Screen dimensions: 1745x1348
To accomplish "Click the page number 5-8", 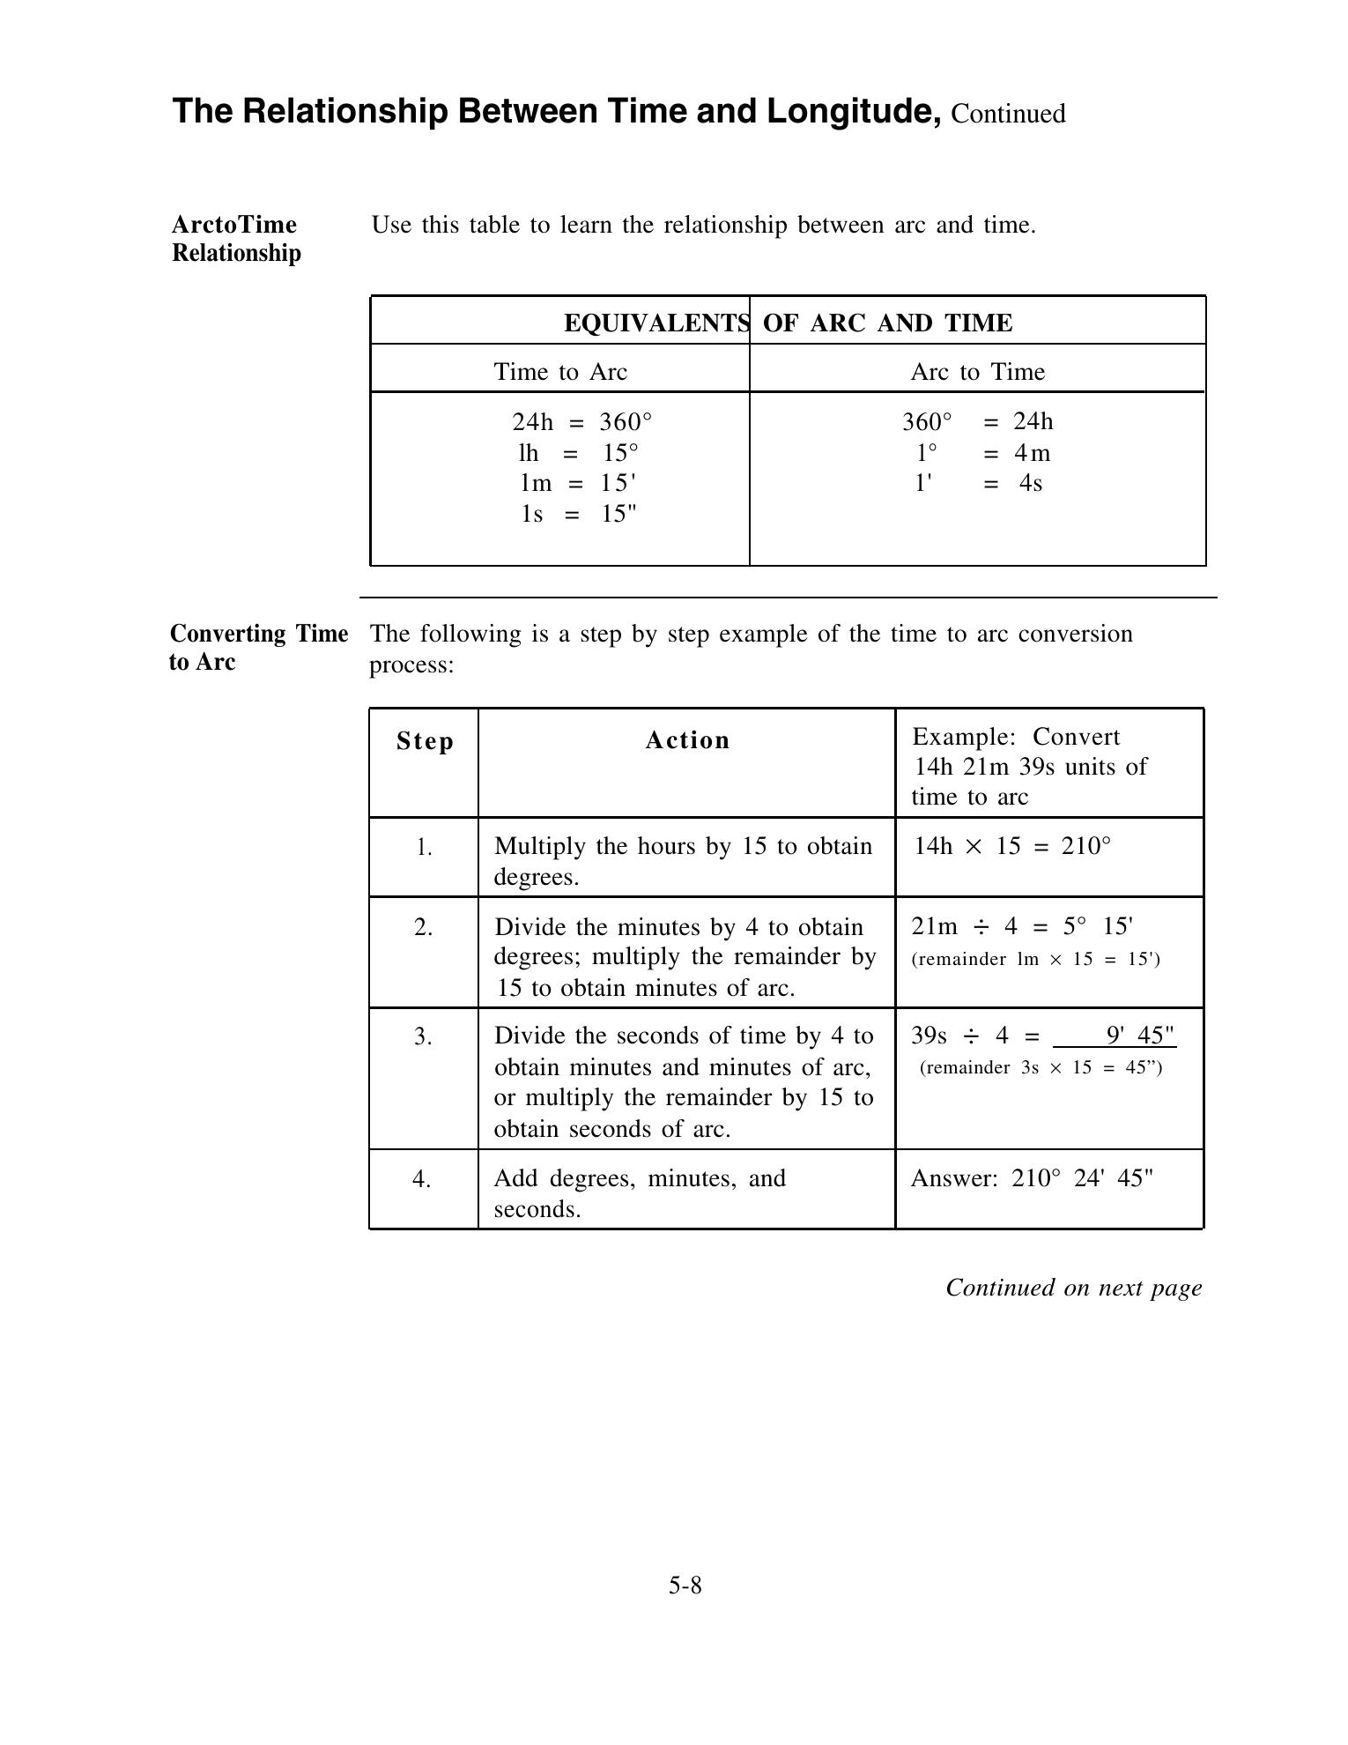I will (x=685, y=1585).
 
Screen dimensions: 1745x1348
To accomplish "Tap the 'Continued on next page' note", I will (x=1073, y=1288).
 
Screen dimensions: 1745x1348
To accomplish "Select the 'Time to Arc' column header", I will (x=560, y=372).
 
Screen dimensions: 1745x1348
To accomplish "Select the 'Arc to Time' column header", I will (x=977, y=372).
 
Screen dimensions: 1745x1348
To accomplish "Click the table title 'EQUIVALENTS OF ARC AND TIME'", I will (x=788, y=323).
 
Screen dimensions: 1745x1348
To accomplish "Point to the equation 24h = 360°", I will (x=582, y=421).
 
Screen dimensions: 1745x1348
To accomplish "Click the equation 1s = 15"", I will (x=578, y=513).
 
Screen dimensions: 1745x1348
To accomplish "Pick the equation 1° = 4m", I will (x=977, y=453).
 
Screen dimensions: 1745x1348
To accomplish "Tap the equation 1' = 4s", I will (x=977, y=483).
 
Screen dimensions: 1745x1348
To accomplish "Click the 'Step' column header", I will (x=425, y=741).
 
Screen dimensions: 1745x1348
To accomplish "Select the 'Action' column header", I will (x=687, y=740).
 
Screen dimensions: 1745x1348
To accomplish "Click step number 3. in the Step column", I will (x=423, y=1037).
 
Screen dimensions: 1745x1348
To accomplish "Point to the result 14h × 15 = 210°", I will (x=1012, y=847).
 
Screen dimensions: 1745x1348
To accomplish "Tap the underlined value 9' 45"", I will (x=1139, y=1035).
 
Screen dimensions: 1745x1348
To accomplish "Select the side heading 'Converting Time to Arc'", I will (x=258, y=648).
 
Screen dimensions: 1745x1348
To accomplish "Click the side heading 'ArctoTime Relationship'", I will (x=236, y=239).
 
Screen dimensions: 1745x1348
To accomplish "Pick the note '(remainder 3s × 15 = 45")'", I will (x=1041, y=1068).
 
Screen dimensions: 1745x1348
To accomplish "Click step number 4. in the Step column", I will (x=422, y=1178).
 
